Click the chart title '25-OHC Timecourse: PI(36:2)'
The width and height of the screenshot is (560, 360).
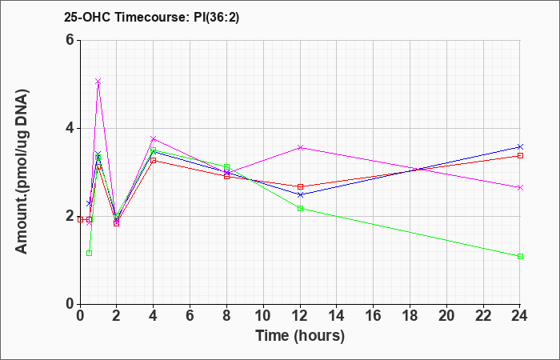point(151,17)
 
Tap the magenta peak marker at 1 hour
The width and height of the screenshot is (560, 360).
point(98,82)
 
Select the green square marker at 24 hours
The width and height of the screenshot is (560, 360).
point(520,257)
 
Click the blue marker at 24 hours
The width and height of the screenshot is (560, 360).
point(520,146)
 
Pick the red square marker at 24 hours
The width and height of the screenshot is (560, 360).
point(520,156)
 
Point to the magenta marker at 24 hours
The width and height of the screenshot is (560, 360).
point(520,187)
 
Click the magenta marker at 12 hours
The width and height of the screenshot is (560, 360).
point(300,147)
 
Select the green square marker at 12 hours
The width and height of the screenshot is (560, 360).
point(300,208)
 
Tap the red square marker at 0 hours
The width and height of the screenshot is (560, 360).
point(80,220)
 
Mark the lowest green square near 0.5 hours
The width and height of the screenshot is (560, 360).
point(90,254)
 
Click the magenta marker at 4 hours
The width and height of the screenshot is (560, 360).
point(154,138)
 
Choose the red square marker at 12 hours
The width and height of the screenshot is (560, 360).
point(300,186)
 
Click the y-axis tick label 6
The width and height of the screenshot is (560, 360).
point(70,40)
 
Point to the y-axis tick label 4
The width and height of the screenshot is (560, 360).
point(70,128)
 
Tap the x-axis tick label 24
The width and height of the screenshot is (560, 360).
point(520,316)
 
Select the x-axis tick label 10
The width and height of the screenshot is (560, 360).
point(263,316)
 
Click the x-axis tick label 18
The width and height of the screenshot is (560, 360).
point(410,316)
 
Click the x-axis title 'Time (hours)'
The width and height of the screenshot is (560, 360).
point(300,336)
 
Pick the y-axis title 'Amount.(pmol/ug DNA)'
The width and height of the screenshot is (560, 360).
point(22,171)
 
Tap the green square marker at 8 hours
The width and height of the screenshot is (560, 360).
point(226,167)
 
